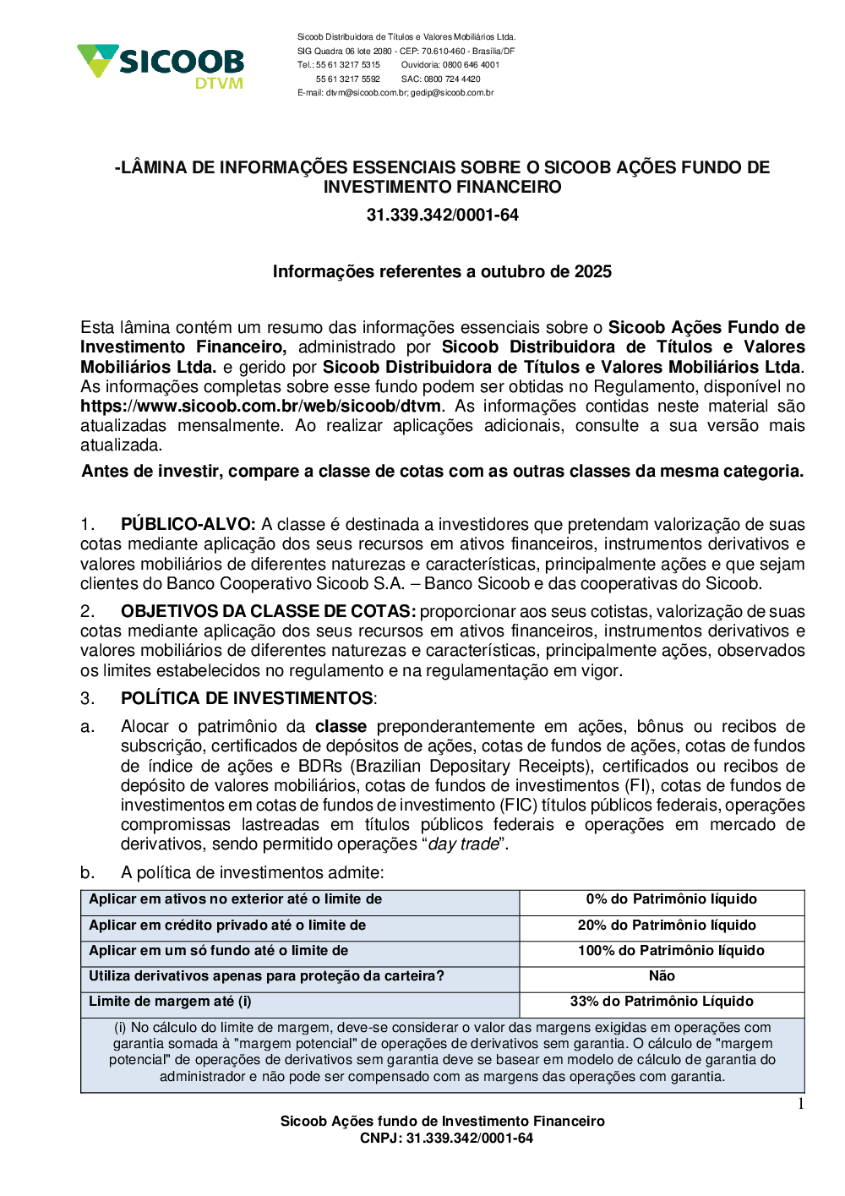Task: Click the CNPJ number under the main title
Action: coord(442,216)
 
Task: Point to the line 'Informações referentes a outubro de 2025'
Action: coord(442,272)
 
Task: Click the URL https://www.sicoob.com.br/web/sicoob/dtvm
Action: coord(260,407)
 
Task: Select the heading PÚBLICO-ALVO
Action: coord(188,525)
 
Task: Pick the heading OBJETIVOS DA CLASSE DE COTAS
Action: coord(268,612)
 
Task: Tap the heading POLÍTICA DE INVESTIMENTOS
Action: coord(248,699)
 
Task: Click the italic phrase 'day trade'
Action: coord(463,844)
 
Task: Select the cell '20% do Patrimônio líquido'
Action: coord(667,926)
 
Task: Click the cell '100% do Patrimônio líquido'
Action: coord(671,951)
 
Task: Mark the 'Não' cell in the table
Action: coord(662,976)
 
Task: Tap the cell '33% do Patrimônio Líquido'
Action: coord(662,1002)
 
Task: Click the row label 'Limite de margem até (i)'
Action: coord(170,1002)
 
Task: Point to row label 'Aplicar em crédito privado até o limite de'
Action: coord(227,926)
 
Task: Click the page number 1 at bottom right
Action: coord(800,1104)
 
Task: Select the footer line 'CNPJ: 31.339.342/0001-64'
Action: coord(446,1139)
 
